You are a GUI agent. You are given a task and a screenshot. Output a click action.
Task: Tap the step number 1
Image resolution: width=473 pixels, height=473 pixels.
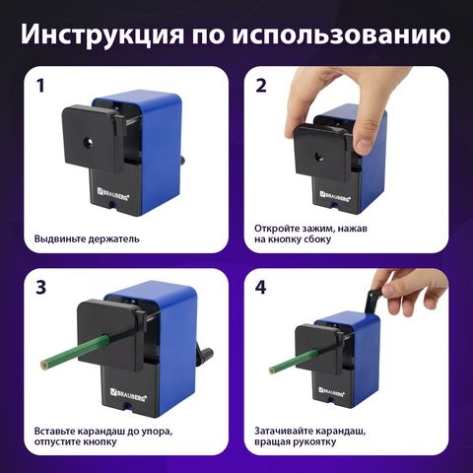coord(40,85)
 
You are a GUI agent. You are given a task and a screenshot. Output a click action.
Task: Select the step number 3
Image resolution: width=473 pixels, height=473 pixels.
coord(40,288)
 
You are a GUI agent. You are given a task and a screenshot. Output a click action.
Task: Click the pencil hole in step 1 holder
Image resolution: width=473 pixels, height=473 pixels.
coord(90,142)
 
